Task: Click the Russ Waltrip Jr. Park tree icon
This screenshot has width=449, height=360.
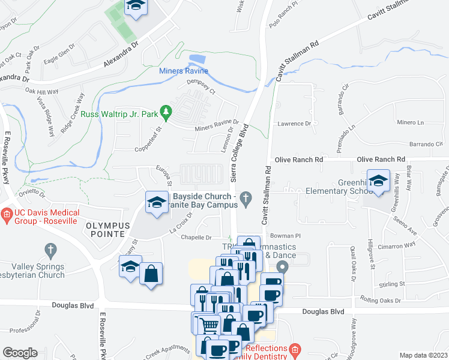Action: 167,112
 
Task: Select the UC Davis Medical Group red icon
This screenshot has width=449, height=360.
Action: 7,213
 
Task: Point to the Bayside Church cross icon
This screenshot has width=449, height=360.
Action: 246,197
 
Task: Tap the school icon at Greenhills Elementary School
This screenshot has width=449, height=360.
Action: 379,181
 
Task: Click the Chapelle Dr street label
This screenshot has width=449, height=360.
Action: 197,238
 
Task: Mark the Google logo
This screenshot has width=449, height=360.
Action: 20,352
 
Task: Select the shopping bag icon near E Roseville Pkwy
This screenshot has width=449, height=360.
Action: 151,274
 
